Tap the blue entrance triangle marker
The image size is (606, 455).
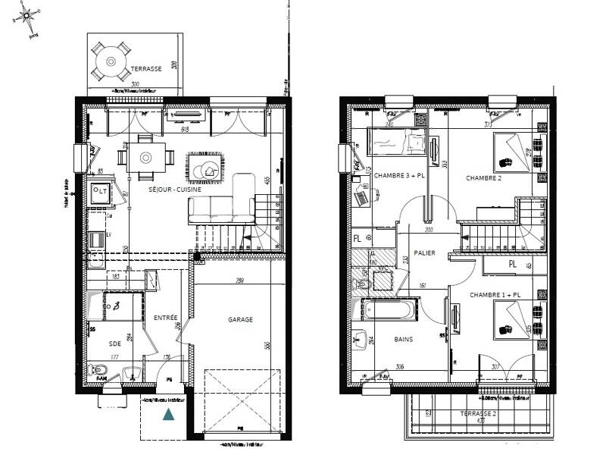tap(167, 415)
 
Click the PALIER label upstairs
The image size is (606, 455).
tap(425, 254)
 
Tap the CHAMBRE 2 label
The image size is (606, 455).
tap(485, 179)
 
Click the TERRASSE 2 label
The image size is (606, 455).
tap(478, 414)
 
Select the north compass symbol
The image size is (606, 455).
tap(31, 14)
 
